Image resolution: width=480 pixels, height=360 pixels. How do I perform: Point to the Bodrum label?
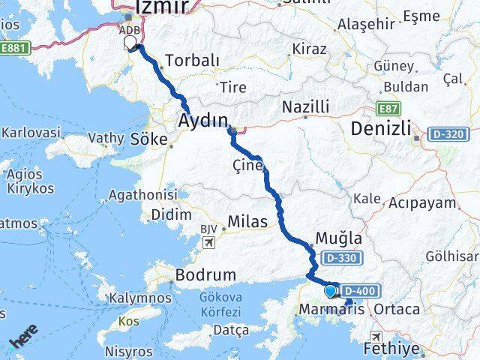pyautogui.click(x=205, y=275)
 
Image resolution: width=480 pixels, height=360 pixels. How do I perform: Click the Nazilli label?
pyautogui.click(x=305, y=108)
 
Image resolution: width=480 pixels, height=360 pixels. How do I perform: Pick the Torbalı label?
pyautogui.click(x=192, y=60)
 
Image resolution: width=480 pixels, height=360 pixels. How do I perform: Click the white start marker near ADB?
pyautogui.click(x=130, y=43)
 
